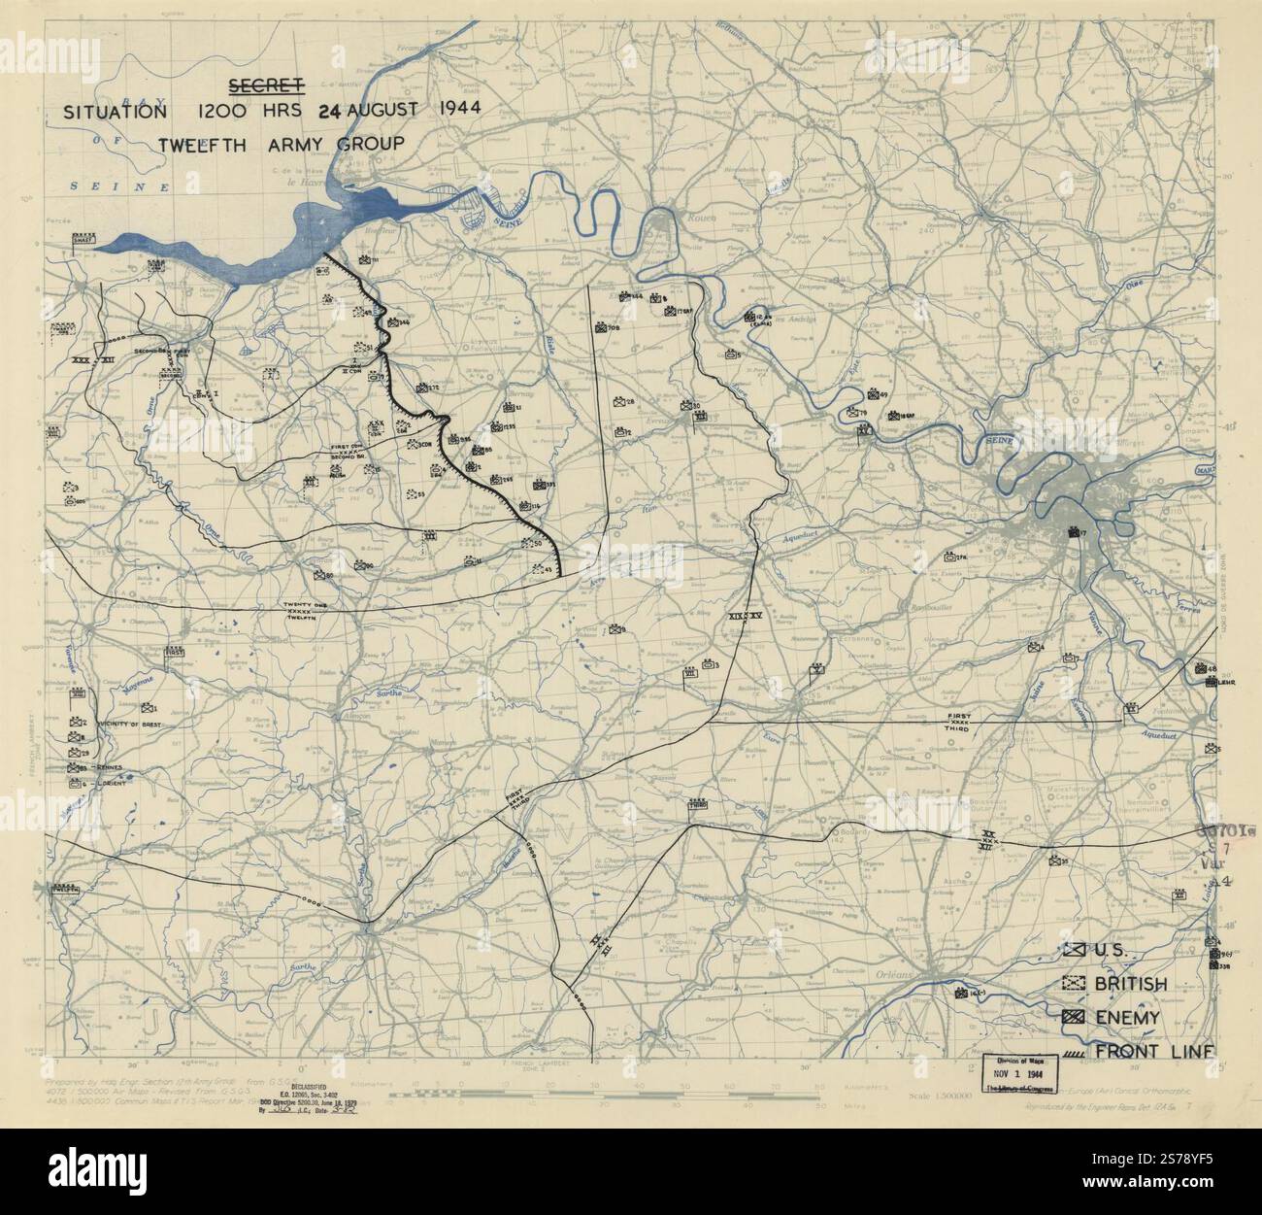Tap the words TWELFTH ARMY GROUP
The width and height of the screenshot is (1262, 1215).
click(x=282, y=144)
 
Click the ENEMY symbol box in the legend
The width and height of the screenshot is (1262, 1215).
click(x=1075, y=1017)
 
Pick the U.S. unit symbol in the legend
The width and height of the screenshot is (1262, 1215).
click(x=1075, y=951)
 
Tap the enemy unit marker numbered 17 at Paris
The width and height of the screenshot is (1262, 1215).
click(x=1074, y=532)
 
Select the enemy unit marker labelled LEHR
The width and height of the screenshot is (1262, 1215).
click(x=1211, y=682)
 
